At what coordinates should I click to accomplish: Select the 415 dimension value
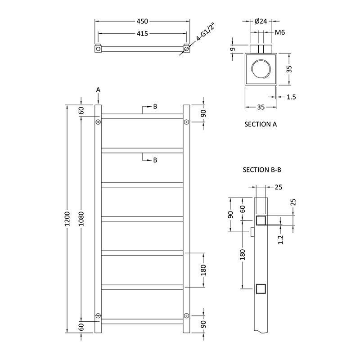pyautogui.click(x=142, y=34)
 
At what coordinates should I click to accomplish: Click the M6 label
pyautogui.click(x=280, y=32)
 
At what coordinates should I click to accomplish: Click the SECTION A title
pyautogui.click(x=260, y=124)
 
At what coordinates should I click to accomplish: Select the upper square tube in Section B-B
pyautogui.click(x=261, y=220)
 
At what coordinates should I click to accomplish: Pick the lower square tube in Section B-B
pyautogui.click(x=261, y=288)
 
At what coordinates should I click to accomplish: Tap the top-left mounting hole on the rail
pyautogui.click(x=98, y=122)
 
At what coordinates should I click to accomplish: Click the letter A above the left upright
pyautogui.click(x=98, y=90)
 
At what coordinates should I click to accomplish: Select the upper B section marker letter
pyautogui.click(x=155, y=107)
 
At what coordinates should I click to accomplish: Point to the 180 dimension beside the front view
pyautogui.click(x=203, y=270)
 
